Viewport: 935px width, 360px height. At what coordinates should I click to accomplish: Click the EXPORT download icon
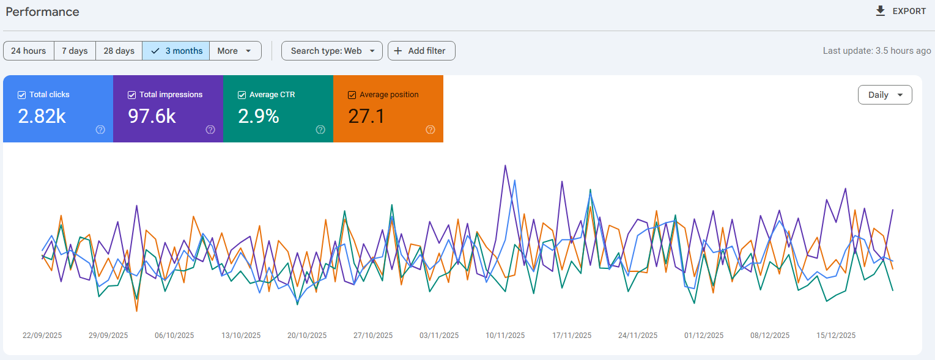[x=881, y=11]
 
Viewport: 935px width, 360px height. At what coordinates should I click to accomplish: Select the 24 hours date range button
[x=28, y=51]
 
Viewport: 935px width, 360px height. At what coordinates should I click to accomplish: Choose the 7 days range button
[x=75, y=51]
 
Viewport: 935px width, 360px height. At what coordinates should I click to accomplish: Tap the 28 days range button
[x=119, y=51]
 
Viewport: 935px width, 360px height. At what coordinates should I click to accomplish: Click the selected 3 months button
[x=176, y=51]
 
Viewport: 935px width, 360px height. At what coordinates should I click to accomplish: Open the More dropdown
[x=235, y=51]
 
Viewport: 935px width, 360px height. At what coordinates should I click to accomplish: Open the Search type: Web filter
[x=332, y=51]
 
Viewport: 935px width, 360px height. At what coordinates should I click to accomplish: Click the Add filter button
[x=421, y=51]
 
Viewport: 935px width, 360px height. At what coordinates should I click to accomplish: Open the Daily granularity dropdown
[x=885, y=95]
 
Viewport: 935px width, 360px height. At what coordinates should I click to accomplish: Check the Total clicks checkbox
[x=21, y=95]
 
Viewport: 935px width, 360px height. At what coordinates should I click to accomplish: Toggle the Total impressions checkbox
[x=131, y=95]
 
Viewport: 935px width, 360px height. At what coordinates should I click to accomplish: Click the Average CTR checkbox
[x=242, y=95]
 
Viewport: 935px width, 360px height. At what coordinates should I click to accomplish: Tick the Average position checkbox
[x=352, y=95]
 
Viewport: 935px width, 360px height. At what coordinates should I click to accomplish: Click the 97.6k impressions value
[x=152, y=116]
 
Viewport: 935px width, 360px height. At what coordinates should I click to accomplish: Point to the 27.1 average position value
[x=366, y=116]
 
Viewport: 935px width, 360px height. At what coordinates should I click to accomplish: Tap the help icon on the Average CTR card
[x=320, y=130]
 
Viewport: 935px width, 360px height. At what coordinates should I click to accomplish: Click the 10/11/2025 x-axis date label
[x=505, y=336]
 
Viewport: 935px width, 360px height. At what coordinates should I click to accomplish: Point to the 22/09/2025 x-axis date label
[x=42, y=336]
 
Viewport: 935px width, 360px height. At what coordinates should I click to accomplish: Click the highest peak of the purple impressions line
[x=506, y=166]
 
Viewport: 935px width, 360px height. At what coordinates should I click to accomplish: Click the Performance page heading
[x=42, y=12]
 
